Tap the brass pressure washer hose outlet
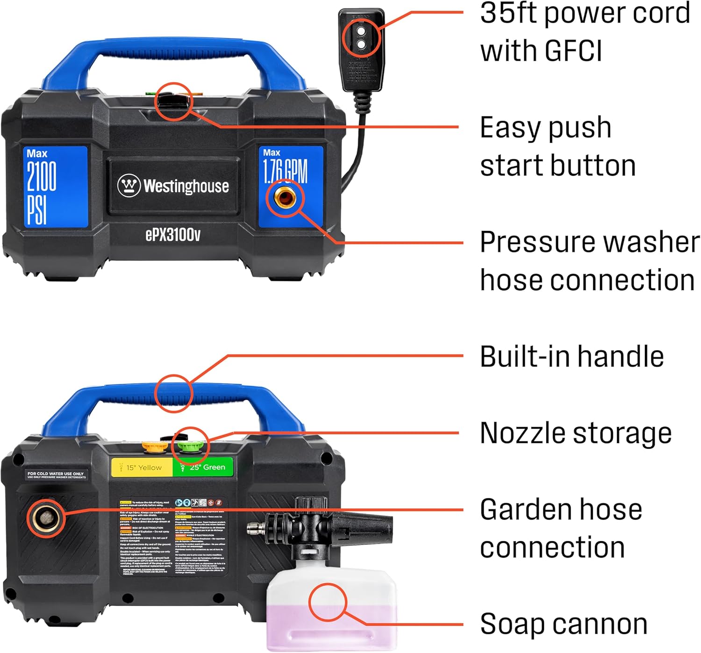pyautogui.click(x=285, y=199)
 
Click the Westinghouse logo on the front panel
pyautogui.click(x=173, y=186)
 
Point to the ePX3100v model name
pyautogui.click(x=173, y=235)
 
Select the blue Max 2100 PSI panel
pyautogui.click(x=55, y=187)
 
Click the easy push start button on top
pyautogui.click(x=173, y=100)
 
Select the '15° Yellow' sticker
pyautogui.click(x=142, y=467)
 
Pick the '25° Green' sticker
pyautogui.click(x=203, y=467)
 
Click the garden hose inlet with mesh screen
pyautogui.click(x=46, y=517)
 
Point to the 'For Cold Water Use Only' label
pyautogui.click(x=56, y=475)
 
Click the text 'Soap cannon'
pyautogui.click(x=563, y=624)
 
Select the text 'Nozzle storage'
pyautogui.click(x=575, y=433)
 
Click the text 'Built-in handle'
pyautogui.click(x=572, y=357)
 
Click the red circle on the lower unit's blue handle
pyautogui.click(x=174, y=393)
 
